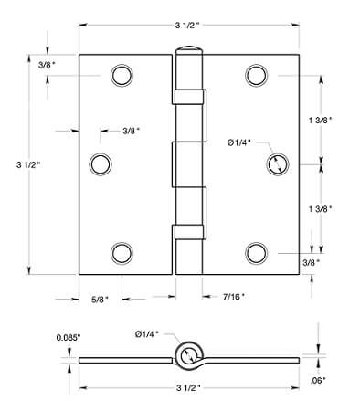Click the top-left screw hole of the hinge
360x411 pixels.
point(122,76)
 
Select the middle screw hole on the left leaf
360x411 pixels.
point(101,164)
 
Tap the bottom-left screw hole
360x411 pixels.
point(122,253)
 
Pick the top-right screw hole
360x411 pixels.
point(257,76)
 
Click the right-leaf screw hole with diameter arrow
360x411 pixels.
point(278,164)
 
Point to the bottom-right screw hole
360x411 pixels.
point(257,253)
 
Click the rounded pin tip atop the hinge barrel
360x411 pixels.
point(189,48)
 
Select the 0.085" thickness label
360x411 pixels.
point(69,338)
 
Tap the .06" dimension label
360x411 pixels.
point(318,380)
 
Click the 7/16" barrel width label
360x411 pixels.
point(234,296)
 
